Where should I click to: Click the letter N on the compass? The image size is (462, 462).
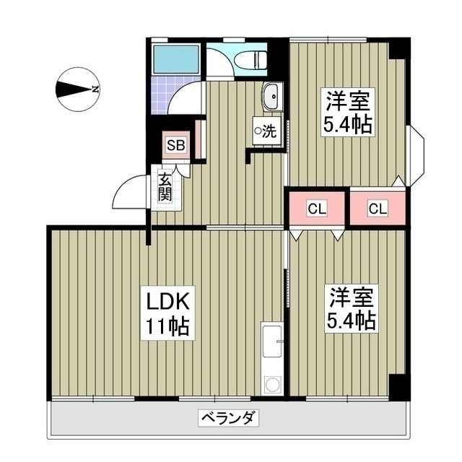click(x=95, y=89)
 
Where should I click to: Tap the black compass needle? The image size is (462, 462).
click(x=72, y=90)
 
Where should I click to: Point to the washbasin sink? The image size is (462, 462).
click(x=271, y=97)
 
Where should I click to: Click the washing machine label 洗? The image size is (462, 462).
click(x=264, y=131)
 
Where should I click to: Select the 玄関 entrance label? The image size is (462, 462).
click(x=166, y=187)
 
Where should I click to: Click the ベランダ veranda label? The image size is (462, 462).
click(x=227, y=417)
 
